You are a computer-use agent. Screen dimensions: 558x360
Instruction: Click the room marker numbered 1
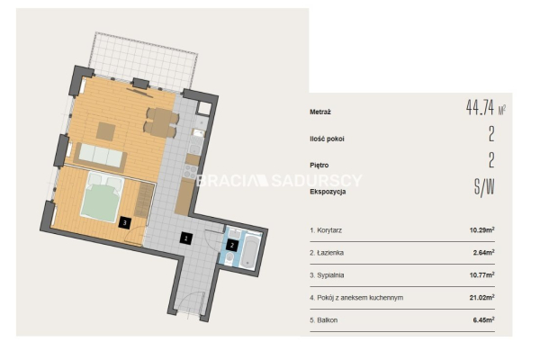tap(185, 238)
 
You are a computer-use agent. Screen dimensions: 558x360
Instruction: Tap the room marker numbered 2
tap(232, 245)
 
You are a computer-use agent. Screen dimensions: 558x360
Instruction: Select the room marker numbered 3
tap(124, 223)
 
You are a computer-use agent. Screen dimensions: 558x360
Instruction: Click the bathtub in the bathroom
tap(248, 251)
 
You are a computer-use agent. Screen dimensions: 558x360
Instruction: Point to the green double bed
tap(102, 197)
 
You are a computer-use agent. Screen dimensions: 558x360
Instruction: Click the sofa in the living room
tap(100, 157)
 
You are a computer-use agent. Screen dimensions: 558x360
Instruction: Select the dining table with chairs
tap(161, 122)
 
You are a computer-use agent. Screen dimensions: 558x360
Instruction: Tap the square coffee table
tap(105, 130)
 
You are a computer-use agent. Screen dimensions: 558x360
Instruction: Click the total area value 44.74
tap(480, 107)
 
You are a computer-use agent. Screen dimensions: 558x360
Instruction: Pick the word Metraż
tap(320, 112)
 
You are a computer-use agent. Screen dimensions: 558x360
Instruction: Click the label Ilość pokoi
tap(327, 139)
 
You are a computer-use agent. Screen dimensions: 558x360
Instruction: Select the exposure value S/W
tap(484, 187)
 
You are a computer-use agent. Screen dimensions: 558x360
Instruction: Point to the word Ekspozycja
tap(328, 192)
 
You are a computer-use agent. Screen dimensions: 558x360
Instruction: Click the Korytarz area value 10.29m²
tap(481, 229)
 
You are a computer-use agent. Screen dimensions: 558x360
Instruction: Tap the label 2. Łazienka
tap(327, 253)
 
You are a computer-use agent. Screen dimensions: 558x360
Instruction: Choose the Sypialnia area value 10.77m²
tap(481, 275)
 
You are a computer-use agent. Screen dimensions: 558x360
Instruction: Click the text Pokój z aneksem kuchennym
tap(360, 298)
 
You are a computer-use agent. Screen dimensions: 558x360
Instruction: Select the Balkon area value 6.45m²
tap(483, 319)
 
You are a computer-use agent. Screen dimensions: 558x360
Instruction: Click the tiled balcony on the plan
tap(143, 61)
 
